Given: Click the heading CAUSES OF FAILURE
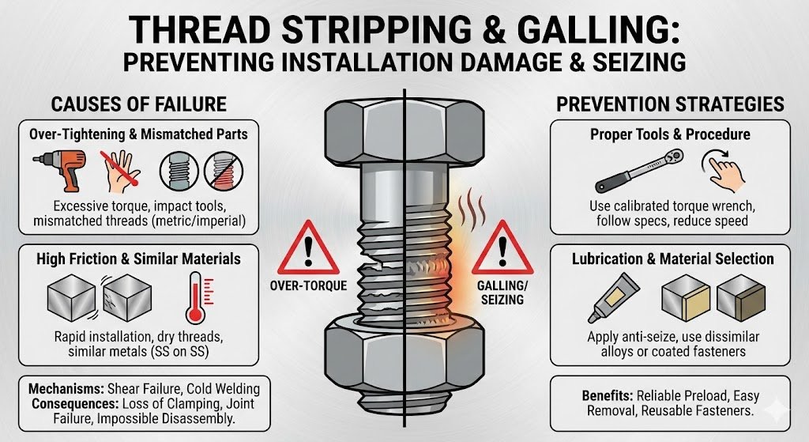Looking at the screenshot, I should coord(138,104).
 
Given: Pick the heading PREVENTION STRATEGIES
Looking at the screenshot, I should coord(670,104).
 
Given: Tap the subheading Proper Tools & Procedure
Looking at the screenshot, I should coord(669,134).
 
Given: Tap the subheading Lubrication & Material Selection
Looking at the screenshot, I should coord(669,259).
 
